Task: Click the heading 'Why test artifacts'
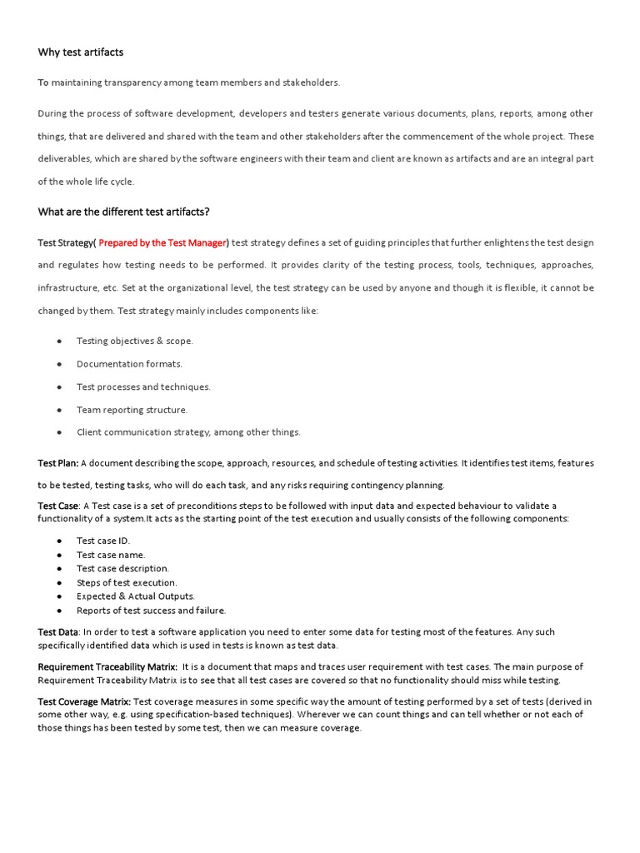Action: coord(80,52)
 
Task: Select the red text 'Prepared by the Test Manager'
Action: coord(162,242)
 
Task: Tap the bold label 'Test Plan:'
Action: coord(58,463)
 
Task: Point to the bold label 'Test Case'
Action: coord(58,506)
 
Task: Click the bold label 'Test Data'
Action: coord(58,632)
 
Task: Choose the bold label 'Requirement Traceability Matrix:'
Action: coord(107,666)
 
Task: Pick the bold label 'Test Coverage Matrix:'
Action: coord(84,701)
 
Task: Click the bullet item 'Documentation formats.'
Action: coord(129,364)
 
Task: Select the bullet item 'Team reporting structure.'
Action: coord(132,410)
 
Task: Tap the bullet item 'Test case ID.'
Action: coord(103,541)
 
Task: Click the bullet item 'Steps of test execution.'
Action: coord(127,582)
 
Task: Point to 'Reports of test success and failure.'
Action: coord(151,611)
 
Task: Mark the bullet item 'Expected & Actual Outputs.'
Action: coord(135,596)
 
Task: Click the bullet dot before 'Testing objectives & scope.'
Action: coord(60,342)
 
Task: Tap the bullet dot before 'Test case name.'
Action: coord(60,555)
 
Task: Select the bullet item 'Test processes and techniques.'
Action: coord(143,387)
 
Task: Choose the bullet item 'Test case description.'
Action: coord(122,568)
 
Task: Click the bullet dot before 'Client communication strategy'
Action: coord(60,432)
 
